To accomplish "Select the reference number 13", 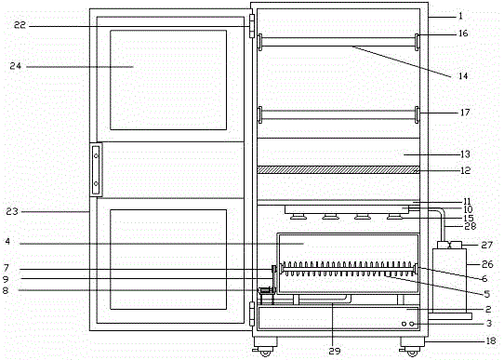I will (x=462, y=153).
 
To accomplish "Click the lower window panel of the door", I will (x=167, y=260).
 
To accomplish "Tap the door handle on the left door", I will (x=95, y=169).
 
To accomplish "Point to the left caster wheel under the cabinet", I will (x=264, y=351).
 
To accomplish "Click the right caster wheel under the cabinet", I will (x=409, y=351).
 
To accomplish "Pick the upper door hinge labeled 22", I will (x=251, y=23).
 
